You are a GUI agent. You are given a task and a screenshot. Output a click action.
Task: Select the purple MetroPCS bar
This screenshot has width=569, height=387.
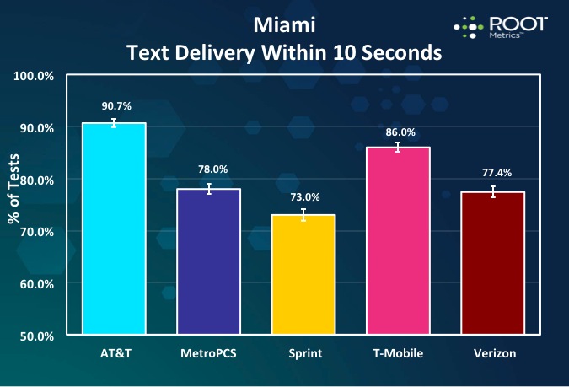point(208,261)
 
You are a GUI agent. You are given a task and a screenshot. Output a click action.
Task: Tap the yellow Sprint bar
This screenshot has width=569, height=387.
point(303,274)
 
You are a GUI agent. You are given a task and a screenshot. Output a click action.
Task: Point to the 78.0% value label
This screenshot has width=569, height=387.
point(208,170)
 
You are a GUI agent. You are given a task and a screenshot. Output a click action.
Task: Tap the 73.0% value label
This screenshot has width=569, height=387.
point(303,196)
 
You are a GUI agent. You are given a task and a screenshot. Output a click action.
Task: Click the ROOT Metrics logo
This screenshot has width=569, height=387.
point(500,26)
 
